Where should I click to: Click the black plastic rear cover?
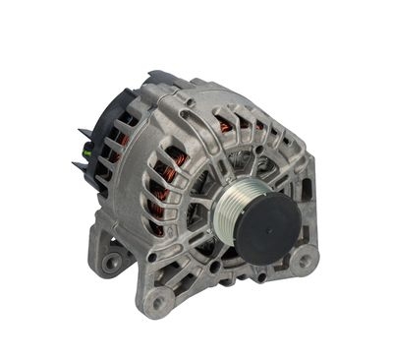click(99, 138)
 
